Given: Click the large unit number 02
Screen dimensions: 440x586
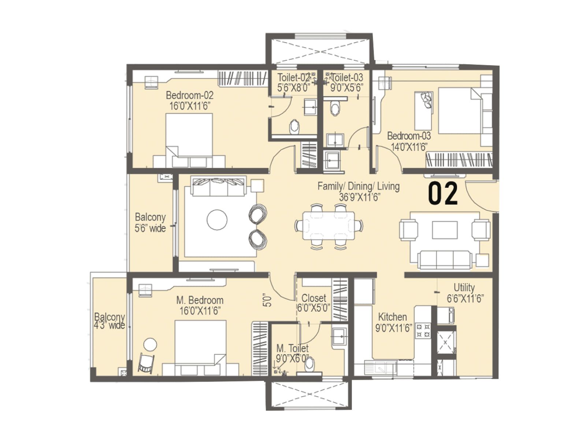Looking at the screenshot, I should tap(443, 193).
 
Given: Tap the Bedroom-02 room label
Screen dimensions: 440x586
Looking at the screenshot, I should tap(189, 95).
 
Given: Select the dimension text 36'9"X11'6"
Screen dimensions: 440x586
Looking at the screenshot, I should tap(359, 197).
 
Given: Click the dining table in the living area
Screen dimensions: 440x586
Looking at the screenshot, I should tap(329, 225).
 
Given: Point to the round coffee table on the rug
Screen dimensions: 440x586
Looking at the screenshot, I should tap(217, 220).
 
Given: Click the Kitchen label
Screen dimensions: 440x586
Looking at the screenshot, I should tap(392, 317).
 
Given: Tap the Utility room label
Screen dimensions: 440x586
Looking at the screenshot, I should tap(464, 287).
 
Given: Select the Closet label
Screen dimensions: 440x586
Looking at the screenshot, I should tap(314, 298).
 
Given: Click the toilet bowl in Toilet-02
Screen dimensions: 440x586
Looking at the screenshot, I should tap(294, 127).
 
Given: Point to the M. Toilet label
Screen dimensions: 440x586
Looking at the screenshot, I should tap(292, 348).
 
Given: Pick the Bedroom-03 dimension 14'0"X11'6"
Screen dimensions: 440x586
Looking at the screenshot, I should tap(409, 147).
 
